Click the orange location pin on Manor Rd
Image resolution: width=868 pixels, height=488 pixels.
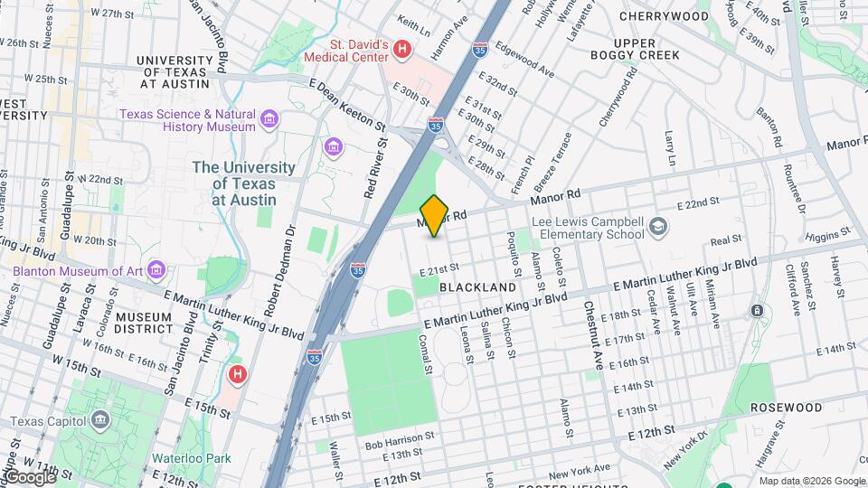[434, 215]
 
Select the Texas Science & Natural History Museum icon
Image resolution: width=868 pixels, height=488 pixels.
[269, 119]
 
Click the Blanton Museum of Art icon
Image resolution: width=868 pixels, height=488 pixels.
[157, 269]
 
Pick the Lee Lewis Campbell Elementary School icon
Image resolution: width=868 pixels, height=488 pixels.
[659, 226]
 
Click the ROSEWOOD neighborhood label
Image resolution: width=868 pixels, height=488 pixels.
[786, 408]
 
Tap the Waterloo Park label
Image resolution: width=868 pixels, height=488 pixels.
[191, 458]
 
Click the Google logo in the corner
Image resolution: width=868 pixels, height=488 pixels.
[29, 477]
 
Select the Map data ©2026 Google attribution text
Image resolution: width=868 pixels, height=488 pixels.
[811, 481]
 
